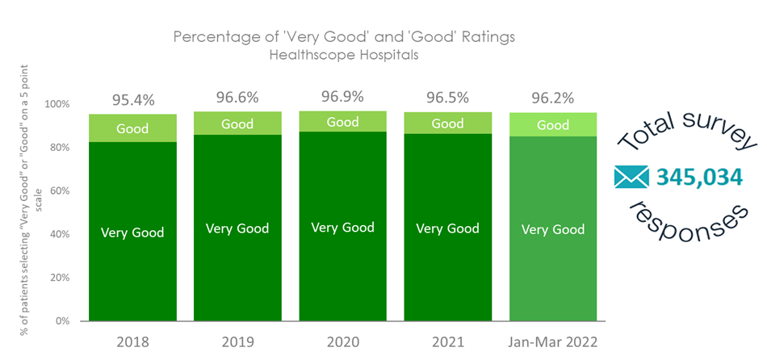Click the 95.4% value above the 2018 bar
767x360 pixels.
pyautogui.click(x=132, y=101)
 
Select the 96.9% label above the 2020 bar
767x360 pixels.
pyautogui.click(x=342, y=97)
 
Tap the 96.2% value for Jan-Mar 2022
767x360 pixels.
pyautogui.click(x=553, y=98)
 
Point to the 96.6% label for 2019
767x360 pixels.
pyautogui.click(x=237, y=98)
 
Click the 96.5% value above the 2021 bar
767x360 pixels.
pyautogui.click(x=447, y=98)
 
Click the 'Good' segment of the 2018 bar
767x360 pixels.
pyautogui.click(x=132, y=128)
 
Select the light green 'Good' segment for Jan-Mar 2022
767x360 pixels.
pyautogui.click(x=553, y=125)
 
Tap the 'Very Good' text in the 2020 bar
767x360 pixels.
pyautogui.click(x=342, y=227)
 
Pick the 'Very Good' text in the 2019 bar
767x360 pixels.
pyautogui.click(x=237, y=228)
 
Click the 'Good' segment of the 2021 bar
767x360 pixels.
pyautogui.click(x=447, y=123)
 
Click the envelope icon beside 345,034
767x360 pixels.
pyautogui.click(x=632, y=176)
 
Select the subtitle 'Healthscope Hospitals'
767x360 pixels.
pyautogui.click(x=345, y=56)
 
